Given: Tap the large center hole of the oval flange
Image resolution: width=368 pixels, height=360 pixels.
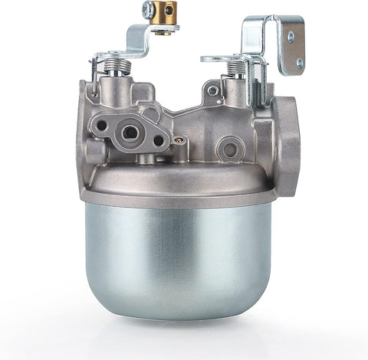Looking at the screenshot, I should tap(130, 133).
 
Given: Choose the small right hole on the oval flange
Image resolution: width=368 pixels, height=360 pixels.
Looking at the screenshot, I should tap(158, 140).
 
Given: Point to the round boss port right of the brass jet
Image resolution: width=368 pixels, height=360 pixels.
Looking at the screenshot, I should tap(228, 146).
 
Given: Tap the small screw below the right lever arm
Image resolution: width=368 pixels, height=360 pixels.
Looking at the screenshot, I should tap(212, 90).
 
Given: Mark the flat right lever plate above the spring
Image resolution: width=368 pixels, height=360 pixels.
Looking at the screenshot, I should tap(230, 57).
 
